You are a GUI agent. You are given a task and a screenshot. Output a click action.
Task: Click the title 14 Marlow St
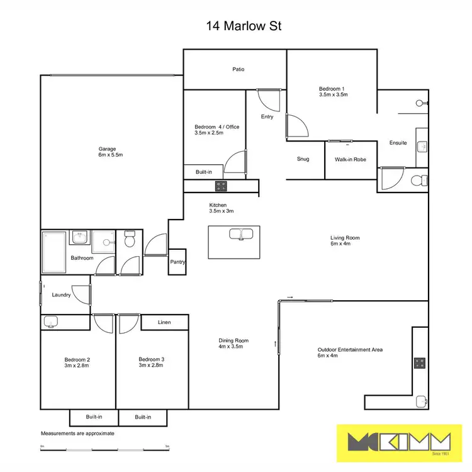point(235,26)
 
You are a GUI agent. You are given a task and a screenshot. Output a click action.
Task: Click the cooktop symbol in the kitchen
point(221,186)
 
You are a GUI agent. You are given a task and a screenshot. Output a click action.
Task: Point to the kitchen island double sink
point(240,234)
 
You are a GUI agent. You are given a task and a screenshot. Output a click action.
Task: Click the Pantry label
point(177,263)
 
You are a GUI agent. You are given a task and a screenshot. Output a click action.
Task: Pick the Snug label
point(303,159)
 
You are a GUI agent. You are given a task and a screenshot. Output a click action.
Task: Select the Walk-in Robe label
point(351,160)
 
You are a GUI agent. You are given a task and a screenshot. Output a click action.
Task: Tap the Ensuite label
point(398,143)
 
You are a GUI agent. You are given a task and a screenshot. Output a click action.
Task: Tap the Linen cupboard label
point(164,322)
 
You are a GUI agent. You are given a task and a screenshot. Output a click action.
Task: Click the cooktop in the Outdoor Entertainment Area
point(420,363)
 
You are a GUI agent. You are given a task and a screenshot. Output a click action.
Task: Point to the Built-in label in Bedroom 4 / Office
point(204,171)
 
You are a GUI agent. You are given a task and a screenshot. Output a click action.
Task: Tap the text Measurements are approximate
point(77,434)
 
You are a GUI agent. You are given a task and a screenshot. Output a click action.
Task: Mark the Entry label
point(267,117)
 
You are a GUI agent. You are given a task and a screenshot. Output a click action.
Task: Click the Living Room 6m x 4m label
point(345,241)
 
